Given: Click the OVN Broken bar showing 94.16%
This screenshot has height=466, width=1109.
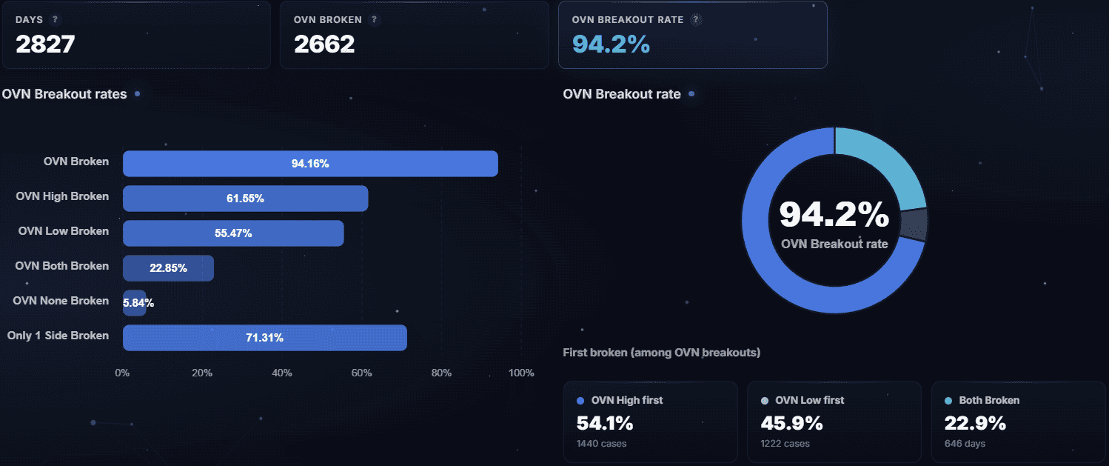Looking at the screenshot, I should (x=310, y=164).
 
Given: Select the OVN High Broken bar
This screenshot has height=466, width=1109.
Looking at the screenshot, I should (x=245, y=199).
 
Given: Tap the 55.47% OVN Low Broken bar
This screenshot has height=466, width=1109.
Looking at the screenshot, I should (x=233, y=233).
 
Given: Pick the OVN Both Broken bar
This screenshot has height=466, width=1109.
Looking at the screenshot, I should (x=168, y=268).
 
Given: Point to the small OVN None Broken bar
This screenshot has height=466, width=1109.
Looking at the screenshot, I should (x=133, y=303).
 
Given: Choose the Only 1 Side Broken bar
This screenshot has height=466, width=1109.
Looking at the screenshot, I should (x=264, y=338).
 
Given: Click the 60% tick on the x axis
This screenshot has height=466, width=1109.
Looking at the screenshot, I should (x=361, y=373).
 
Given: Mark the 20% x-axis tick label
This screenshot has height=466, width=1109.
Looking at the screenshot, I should (x=202, y=373).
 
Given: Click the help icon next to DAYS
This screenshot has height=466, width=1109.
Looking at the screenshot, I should (x=55, y=20).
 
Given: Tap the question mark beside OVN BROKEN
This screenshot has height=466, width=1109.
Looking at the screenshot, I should (x=375, y=20).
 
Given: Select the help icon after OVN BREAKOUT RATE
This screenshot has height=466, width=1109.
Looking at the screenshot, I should (x=695, y=20).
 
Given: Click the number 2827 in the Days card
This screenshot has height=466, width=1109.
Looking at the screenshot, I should (x=45, y=44).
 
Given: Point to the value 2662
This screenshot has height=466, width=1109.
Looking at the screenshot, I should (x=324, y=44).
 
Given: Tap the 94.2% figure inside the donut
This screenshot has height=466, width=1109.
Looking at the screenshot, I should (x=834, y=215).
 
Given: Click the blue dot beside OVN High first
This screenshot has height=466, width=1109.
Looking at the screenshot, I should (x=580, y=401).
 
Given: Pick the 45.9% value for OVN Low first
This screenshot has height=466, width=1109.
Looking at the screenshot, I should (x=791, y=424).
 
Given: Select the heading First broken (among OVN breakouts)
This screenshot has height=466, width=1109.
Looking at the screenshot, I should (x=661, y=353).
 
